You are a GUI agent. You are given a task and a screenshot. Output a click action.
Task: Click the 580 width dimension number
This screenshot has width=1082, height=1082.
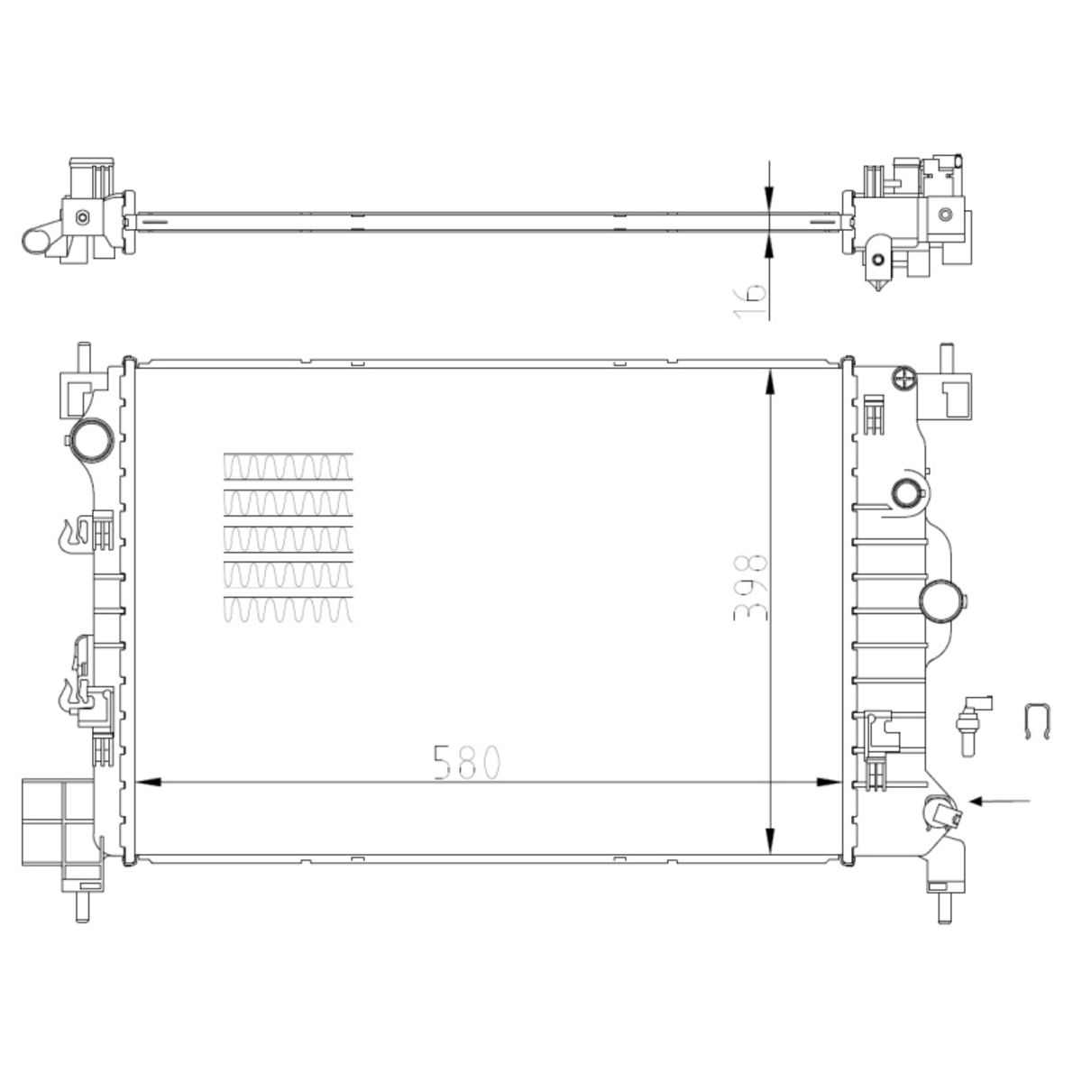467,763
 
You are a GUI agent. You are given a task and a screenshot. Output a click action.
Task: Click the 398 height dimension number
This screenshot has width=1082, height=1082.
750,588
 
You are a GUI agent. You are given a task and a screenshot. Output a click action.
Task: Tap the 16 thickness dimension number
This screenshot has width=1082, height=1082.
750,300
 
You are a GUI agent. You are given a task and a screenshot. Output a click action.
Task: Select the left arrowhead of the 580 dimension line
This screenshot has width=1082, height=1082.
149,782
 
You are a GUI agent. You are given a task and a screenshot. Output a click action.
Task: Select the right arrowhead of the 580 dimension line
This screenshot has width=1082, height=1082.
829,782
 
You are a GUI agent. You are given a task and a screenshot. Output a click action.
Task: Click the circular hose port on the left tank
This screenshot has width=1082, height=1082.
92,440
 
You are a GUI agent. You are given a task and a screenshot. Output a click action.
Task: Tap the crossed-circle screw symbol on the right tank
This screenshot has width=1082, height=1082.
903,377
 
